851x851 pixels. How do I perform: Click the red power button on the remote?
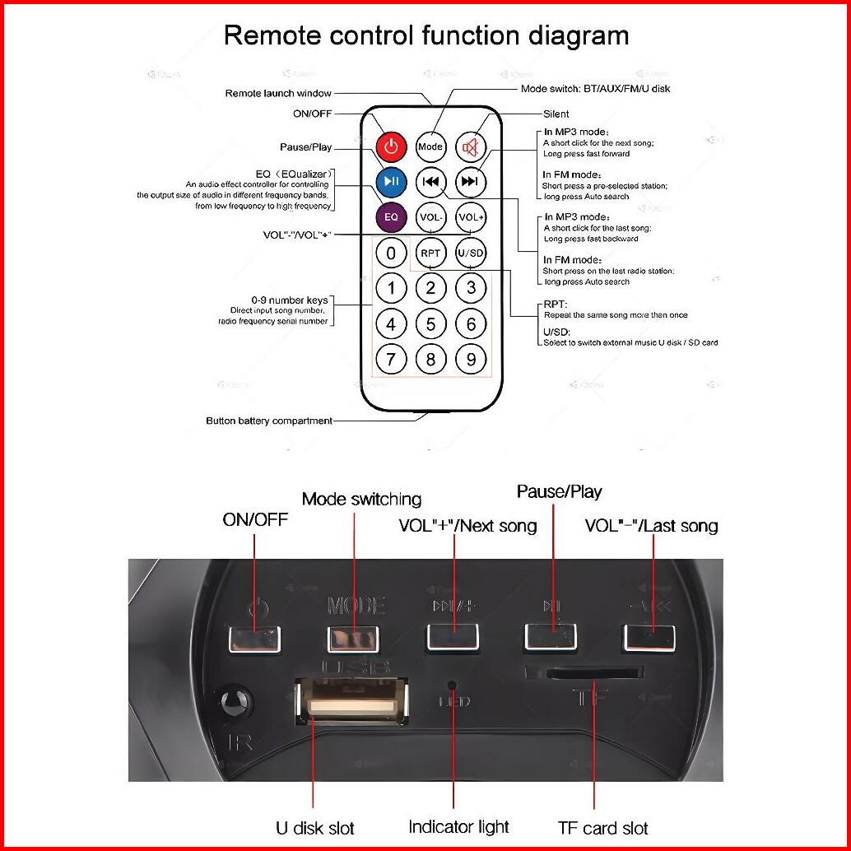392,147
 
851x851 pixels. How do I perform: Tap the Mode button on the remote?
430,147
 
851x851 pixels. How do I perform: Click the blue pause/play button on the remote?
392,182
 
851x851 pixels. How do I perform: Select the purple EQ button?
392,216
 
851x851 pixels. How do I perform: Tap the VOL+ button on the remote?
471,216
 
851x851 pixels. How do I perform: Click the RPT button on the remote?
430,253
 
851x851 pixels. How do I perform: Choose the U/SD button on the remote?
471,253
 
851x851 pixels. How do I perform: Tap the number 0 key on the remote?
392,253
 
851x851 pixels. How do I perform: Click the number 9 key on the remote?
471,359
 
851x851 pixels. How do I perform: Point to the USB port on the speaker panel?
351,700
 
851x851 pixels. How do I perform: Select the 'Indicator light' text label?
458,826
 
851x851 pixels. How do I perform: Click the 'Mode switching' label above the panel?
361,499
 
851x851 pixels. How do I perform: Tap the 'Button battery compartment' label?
269,421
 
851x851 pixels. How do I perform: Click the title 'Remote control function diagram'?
426,35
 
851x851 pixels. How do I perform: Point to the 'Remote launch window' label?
278,93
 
